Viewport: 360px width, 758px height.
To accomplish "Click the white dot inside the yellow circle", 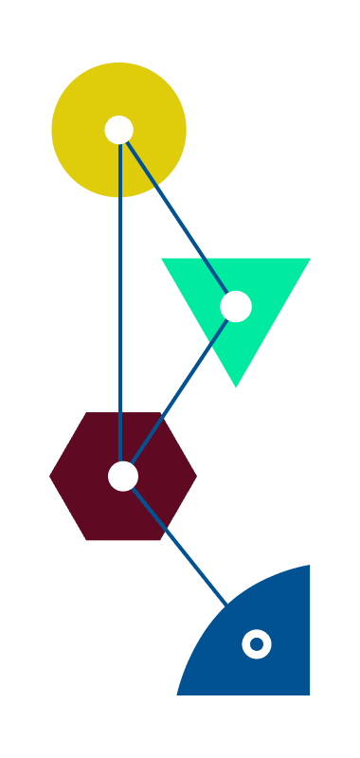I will point(118,130).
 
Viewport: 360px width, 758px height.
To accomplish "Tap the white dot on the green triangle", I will point(236,306).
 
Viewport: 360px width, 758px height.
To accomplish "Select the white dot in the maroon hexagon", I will point(123,476).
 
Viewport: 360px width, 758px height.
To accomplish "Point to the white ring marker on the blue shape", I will point(257,644).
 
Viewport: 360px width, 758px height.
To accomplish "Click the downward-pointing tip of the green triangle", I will point(236,386).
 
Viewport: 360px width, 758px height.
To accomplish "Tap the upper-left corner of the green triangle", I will point(162,259).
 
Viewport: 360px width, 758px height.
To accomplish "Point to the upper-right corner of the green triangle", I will point(310,259).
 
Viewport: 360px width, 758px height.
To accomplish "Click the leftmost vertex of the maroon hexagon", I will point(50,477).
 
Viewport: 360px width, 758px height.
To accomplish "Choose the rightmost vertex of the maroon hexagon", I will point(196,477).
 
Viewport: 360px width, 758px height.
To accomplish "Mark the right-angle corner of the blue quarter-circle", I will point(310,695).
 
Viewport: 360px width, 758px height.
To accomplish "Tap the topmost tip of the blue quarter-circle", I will point(310,566).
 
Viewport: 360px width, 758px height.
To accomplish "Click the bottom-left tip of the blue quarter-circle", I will point(177,695).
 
